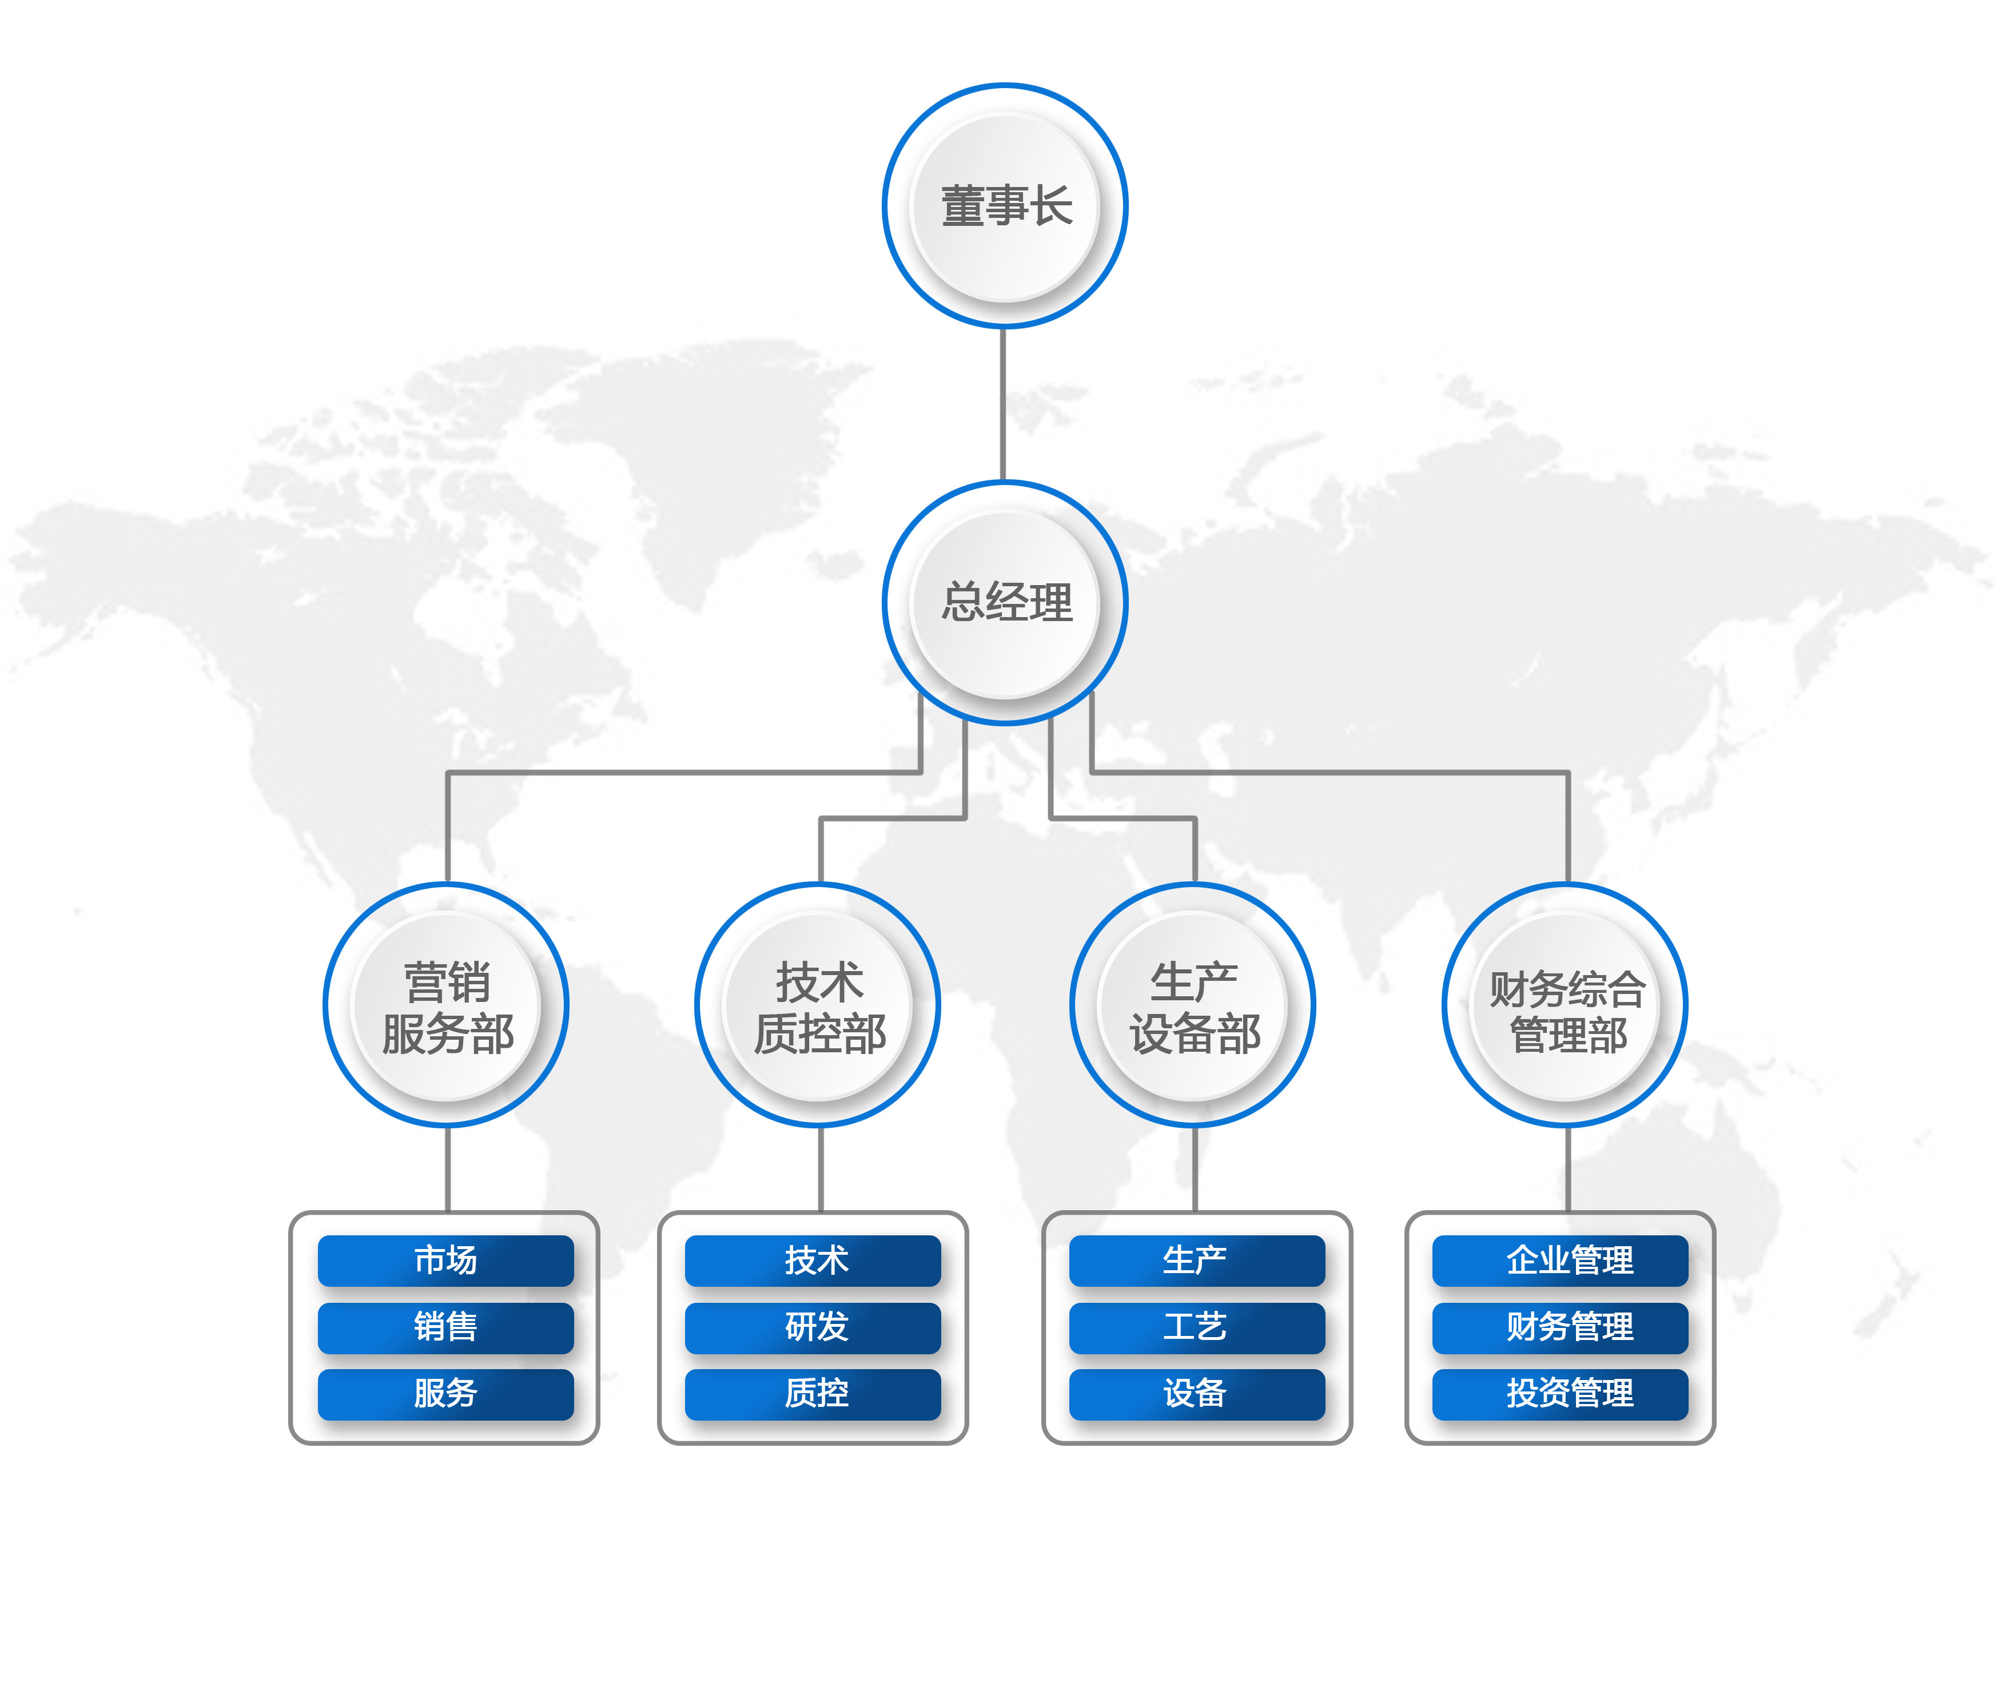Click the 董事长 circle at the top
coord(1005,205)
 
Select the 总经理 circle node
coord(1005,602)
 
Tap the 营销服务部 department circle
coord(446,1005)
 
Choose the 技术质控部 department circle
coord(818,1005)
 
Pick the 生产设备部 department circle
coord(1193,1005)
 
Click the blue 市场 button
coord(446,1260)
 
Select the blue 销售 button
coord(446,1327)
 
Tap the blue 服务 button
coord(446,1393)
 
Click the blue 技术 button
coord(813,1260)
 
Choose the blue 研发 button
coord(813,1327)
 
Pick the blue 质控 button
coord(813,1393)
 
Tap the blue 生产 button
coord(1196,1260)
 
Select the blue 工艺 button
coord(1196,1327)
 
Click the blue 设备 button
coord(1196,1393)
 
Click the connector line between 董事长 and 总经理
coord(1004,405)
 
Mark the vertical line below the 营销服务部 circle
coord(448,1170)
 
